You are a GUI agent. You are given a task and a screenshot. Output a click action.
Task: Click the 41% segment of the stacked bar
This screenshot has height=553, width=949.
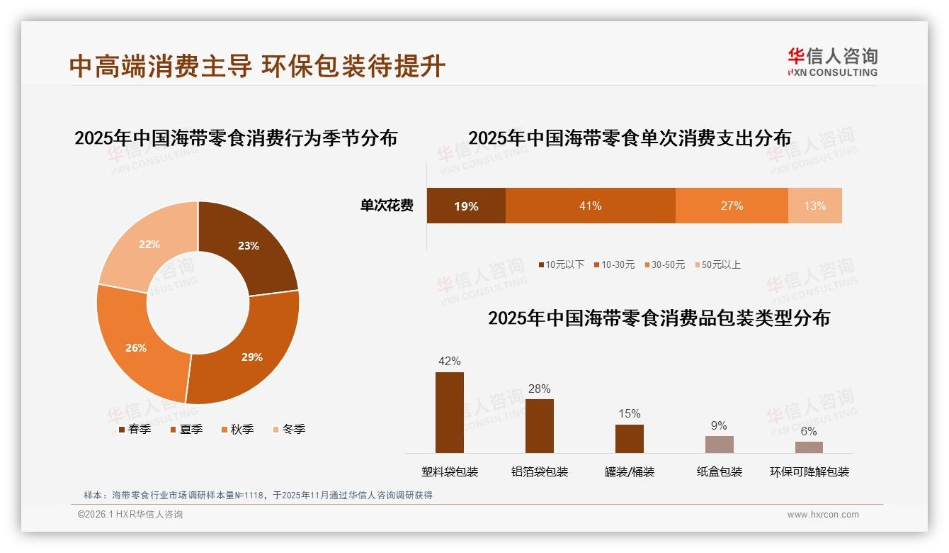pos(590,206)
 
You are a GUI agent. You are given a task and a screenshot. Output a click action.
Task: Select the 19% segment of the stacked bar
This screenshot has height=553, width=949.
pos(466,206)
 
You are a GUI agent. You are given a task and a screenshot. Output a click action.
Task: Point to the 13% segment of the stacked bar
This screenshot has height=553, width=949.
pos(814,206)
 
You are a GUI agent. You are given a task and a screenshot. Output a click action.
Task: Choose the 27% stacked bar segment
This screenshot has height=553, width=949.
pos(732,206)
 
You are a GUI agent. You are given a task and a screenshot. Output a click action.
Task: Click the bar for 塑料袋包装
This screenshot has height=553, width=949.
pos(450,413)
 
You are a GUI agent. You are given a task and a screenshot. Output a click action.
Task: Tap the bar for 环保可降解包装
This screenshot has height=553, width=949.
pos(809,447)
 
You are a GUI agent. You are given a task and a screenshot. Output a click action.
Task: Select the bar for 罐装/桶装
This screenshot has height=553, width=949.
pos(629,439)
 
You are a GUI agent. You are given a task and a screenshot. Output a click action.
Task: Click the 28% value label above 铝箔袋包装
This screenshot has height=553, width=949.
pos(539,389)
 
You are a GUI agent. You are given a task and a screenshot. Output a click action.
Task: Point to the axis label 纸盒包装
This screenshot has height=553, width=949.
pos(719,471)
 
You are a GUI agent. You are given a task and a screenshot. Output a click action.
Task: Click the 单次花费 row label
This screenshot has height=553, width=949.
pos(387,206)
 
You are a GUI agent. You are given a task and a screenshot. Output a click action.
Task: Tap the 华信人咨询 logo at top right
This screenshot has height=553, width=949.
pos(832,62)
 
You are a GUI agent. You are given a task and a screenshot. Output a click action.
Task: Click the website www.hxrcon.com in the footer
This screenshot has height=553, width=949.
pos(823,515)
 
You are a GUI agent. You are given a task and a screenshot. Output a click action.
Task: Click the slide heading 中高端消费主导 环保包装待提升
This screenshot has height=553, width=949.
pos(257,66)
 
